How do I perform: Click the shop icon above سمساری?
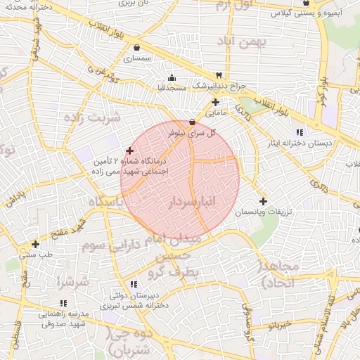pyautogui.click(x=136, y=48)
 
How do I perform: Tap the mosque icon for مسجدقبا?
pyautogui.click(x=172, y=77)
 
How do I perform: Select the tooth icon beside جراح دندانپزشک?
pyautogui.click(x=219, y=75)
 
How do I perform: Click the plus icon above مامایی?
pyautogui.click(x=215, y=102)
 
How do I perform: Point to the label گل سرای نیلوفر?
pyautogui.click(x=192, y=131)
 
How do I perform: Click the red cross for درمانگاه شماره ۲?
pyautogui.click(x=129, y=150)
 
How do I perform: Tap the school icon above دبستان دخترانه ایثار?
pyautogui.click(x=300, y=132)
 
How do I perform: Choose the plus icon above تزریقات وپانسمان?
pyautogui.click(x=263, y=200)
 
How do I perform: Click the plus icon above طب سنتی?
pyautogui.click(x=35, y=244)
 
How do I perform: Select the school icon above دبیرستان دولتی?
pyautogui.click(x=123, y=284)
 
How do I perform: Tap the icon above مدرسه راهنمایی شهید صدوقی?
pyautogui.click(x=63, y=303)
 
